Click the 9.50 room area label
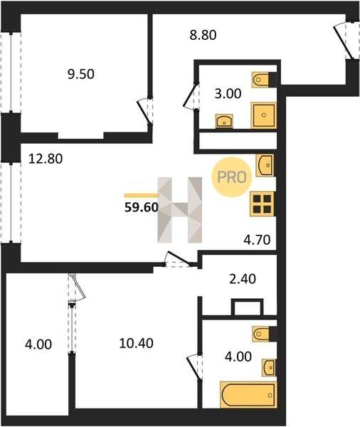coord(81,74)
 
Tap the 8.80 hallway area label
coord(203,35)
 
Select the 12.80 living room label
coord(46,159)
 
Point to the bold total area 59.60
coord(142,208)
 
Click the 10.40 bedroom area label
coord(136,343)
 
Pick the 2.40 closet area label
coord(243,279)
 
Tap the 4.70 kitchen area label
coord(257,240)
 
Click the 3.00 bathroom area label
coord(228,94)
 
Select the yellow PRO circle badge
coord(232,177)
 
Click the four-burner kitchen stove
coord(262,204)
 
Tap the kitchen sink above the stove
coord(265,165)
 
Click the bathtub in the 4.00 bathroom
coord(248,395)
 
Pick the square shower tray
coord(263,115)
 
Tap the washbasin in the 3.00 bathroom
coord(224,121)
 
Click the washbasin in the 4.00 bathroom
coord(269,368)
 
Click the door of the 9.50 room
coord(144,110)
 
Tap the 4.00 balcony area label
coord(38,344)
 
